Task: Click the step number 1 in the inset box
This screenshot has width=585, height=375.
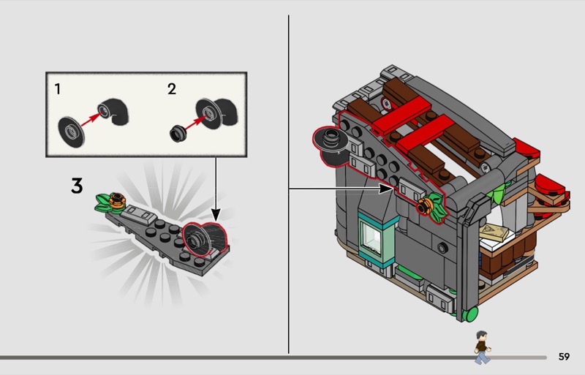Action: click(x=58, y=88)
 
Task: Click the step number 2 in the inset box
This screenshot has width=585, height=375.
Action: click(x=172, y=88)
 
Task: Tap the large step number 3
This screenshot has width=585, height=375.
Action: click(x=77, y=186)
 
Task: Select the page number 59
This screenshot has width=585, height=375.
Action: click(x=564, y=357)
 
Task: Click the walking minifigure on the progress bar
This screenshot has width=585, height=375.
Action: click(x=482, y=347)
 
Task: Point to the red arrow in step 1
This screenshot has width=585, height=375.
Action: click(x=91, y=119)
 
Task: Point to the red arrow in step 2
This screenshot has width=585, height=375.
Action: click(x=195, y=123)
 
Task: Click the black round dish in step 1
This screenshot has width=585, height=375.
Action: click(x=71, y=132)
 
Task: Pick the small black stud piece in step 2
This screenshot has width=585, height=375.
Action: click(x=177, y=133)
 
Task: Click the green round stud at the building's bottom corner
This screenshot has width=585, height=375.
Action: click(x=470, y=314)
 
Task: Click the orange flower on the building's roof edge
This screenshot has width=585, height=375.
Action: click(x=424, y=205)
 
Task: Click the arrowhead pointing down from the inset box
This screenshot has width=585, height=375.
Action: click(x=216, y=215)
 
